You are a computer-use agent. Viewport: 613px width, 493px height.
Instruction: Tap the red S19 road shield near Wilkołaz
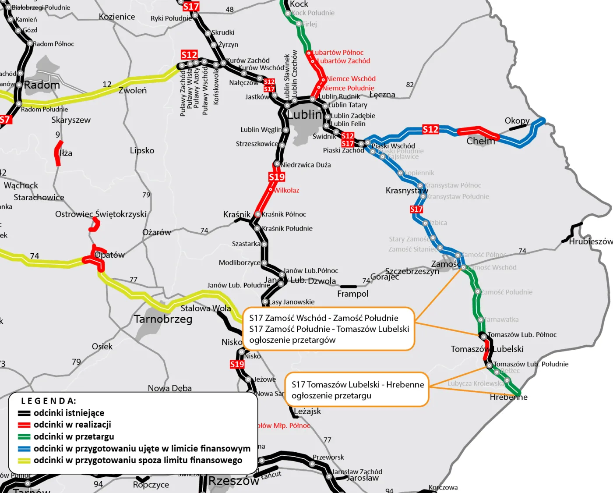(277, 177)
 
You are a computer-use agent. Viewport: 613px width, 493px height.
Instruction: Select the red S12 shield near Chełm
(430, 129)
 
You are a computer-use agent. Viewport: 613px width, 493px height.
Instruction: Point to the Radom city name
(42, 85)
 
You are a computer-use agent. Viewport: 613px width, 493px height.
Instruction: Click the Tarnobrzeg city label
(163, 319)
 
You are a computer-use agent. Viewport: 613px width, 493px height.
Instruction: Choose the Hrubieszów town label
(590, 241)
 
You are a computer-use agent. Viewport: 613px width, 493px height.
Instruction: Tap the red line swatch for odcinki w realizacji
(24, 425)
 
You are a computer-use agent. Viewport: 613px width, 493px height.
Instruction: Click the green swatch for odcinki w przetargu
(24, 437)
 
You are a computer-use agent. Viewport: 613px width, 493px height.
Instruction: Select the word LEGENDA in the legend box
(49, 401)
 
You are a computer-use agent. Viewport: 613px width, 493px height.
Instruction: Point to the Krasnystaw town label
(406, 191)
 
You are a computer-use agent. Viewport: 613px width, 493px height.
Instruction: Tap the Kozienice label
(117, 17)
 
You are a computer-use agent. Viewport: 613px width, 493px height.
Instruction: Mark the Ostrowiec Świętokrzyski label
(101, 214)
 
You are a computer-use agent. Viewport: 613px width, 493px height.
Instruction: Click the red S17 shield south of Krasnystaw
(416, 209)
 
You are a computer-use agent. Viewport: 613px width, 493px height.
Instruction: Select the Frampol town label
(352, 294)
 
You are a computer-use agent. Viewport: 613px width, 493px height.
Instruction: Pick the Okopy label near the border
(517, 121)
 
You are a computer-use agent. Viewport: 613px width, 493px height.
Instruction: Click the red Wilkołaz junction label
(287, 190)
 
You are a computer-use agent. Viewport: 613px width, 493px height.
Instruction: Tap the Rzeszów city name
(233, 481)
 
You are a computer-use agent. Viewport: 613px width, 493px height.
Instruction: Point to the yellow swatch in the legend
(24, 461)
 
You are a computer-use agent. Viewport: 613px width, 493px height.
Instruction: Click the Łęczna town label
(382, 95)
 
